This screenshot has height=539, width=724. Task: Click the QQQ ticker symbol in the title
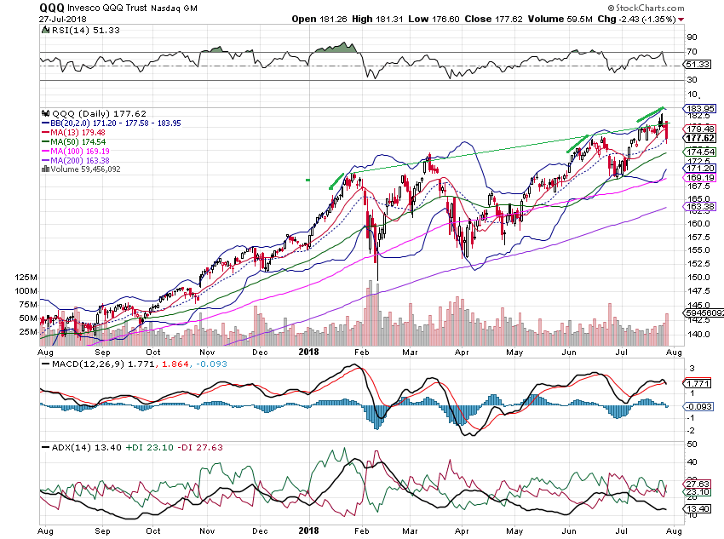pyautogui.click(x=52, y=7)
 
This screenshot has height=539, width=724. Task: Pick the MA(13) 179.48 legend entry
pyautogui.click(x=84, y=131)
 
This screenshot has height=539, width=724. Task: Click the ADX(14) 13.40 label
pyautogui.click(x=67, y=446)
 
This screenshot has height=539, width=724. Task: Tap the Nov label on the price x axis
pyautogui.click(x=207, y=351)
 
